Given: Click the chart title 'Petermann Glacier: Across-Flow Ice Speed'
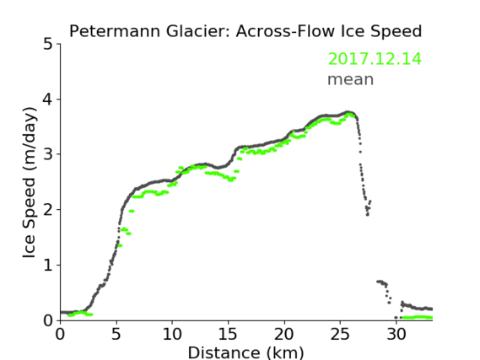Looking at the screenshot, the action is click(245, 31).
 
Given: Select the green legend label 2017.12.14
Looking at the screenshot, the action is click(375, 59).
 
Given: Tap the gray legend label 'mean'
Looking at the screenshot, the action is click(351, 79).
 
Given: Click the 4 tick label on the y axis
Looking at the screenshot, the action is click(48, 99).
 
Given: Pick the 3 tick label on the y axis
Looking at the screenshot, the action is click(48, 154).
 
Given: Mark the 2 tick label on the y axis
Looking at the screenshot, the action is click(48, 210).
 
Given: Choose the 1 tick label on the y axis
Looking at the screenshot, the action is click(48, 266).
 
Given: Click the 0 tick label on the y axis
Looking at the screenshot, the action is click(48, 320).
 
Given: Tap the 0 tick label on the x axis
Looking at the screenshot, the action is click(60, 334).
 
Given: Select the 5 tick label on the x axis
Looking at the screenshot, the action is click(116, 334).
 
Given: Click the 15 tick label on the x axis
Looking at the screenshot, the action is click(228, 334).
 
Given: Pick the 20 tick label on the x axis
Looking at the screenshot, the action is click(284, 334).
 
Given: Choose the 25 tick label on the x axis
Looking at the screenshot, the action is click(340, 334).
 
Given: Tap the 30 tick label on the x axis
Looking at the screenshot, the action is click(396, 334).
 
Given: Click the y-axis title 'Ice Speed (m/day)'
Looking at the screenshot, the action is click(30, 182).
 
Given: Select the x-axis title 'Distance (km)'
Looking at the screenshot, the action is click(245, 352).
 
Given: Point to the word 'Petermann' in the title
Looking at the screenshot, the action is click(115, 31).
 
